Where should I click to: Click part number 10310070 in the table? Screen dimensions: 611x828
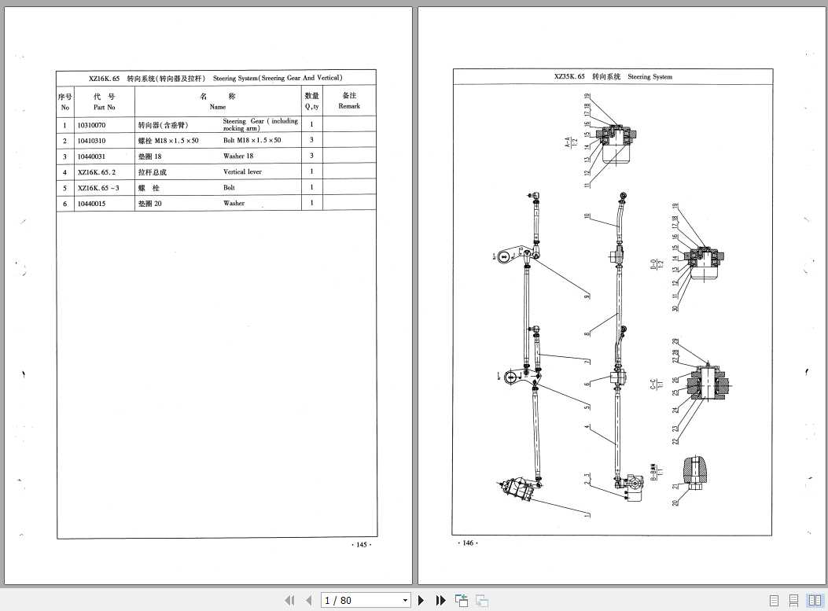(x=91, y=125)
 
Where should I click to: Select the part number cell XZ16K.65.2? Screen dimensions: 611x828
(x=97, y=171)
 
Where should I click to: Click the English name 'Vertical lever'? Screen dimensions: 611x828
(x=242, y=171)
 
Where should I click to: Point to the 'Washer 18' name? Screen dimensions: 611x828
(x=238, y=156)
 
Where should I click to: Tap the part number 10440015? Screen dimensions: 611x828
(x=91, y=204)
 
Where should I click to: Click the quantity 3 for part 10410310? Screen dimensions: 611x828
(x=311, y=140)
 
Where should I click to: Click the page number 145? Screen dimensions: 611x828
(x=361, y=545)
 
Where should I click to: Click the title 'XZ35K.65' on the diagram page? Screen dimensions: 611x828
(x=569, y=77)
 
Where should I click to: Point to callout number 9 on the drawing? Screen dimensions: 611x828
(x=587, y=296)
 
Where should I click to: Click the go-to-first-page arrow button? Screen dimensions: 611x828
(x=289, y=600)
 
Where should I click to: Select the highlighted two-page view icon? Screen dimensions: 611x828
(x=815, y=600)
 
